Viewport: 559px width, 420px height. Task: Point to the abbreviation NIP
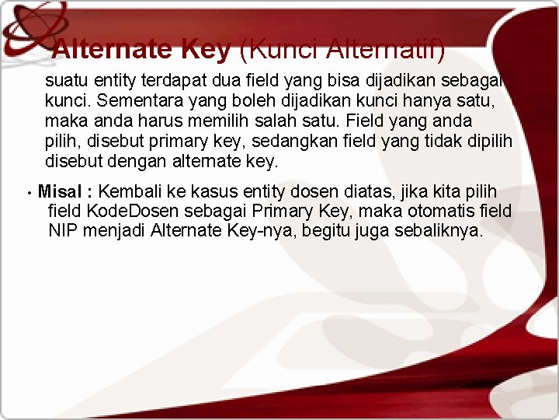[63, 231]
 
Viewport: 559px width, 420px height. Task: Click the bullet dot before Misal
[28, 192]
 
